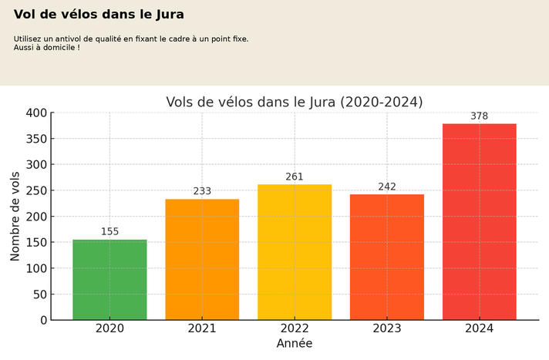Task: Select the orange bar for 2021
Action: [202, 260]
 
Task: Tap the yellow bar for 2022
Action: [295, 252]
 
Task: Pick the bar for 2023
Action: [387, 257]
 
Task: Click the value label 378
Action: [480, 116]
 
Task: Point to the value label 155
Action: [109, 232]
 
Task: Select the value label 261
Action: [295, 177]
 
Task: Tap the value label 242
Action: [387, 187]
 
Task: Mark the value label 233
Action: [202, 191]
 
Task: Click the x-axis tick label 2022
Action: [295, 328]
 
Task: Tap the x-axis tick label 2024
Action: [480, 328]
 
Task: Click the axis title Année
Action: [295, 344]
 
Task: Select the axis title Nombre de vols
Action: [15, 217]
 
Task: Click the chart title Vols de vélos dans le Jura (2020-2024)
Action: [295, 102]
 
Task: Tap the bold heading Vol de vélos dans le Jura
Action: [99, 15]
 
